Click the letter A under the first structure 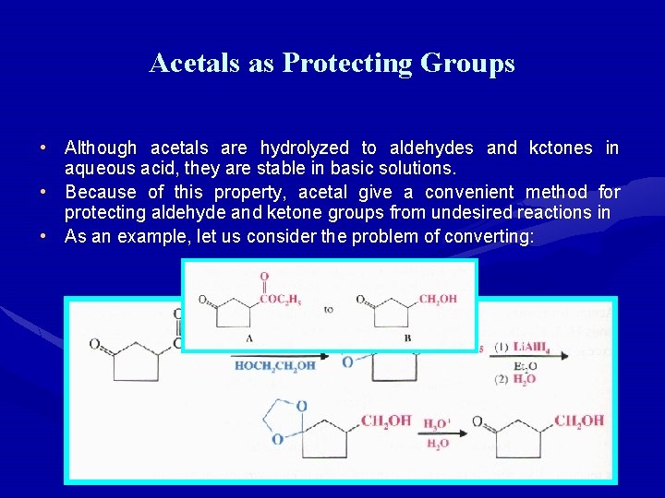tap(250, 338)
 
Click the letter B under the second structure tap(408, 338)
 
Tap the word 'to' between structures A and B tap(329, 310)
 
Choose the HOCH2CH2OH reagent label tap(274, 366)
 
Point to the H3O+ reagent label tap(437, 424)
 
